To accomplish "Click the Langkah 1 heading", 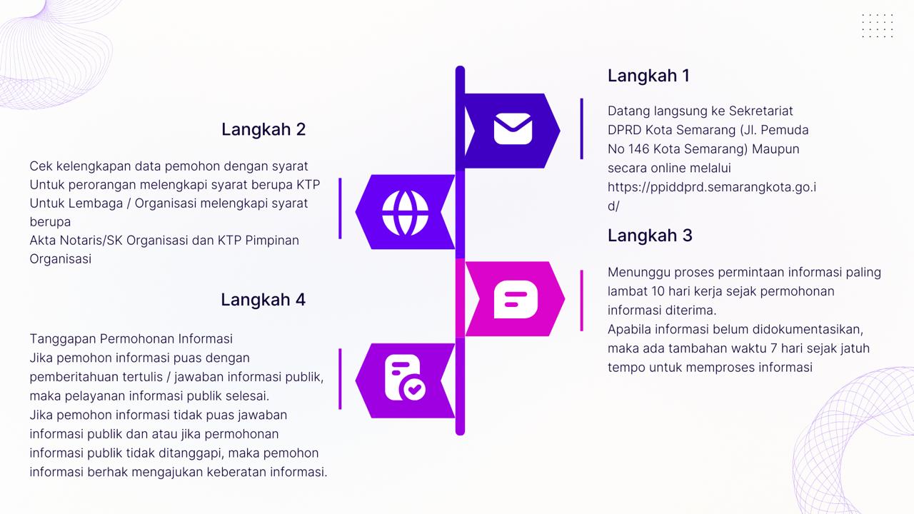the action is click(648, 76).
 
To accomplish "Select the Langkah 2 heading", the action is click(263, 130).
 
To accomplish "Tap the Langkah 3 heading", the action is click(650, 236).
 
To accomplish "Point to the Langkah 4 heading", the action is click(263, 300).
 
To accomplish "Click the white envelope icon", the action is click(513, 129).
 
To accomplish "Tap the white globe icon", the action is click(405, 213).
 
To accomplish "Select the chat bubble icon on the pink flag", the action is click(516, 299).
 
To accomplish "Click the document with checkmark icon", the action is click(405, 378).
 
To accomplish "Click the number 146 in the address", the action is click(639, 149).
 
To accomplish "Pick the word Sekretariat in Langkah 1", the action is click(761, 111).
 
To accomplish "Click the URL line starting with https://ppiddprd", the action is click(712, 187).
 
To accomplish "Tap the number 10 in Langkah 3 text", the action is click(658, 291).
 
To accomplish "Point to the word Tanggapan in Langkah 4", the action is click(63, 339).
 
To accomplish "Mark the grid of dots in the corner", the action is click(878, 26).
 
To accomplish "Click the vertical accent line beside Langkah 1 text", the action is click(581, 128).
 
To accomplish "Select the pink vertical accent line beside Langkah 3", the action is click(581, 301).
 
